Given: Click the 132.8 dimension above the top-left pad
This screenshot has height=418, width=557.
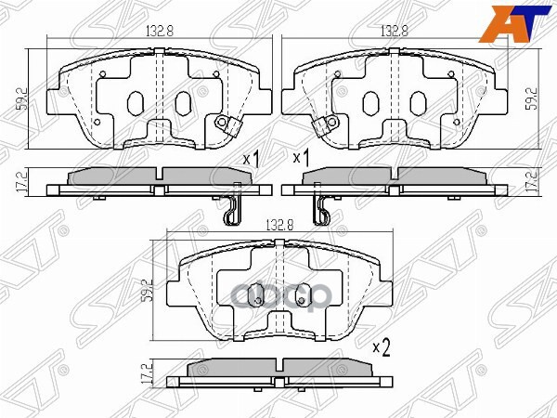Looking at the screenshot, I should pos(162,30).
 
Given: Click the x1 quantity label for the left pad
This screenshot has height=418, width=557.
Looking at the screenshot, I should pos(250,160).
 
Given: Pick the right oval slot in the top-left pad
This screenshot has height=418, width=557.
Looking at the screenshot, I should pos(183,102).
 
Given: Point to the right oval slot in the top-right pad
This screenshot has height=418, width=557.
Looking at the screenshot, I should pos(420,102).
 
